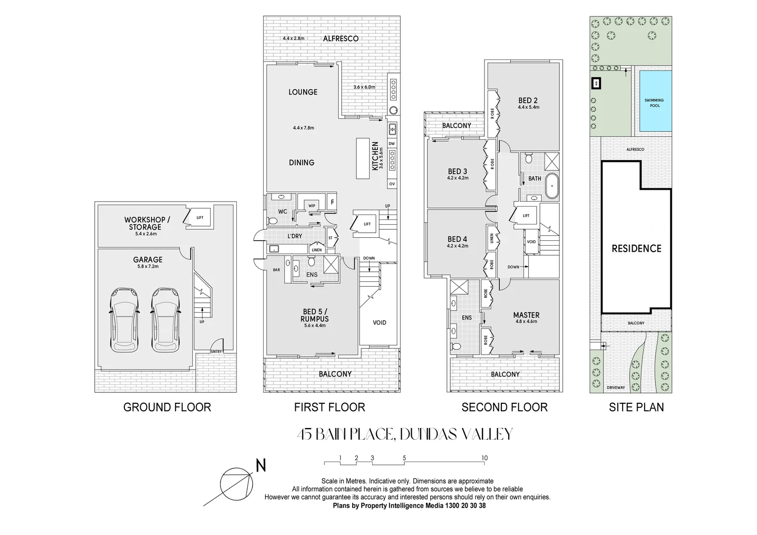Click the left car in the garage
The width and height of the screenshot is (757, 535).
pos(124,320)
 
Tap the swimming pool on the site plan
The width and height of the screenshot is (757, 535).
pos(654,102)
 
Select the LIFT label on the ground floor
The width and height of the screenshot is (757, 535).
pos(200,217)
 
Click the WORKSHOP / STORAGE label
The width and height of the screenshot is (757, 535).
pos(147,223)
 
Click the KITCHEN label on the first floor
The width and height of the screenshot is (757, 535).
pos(376,156)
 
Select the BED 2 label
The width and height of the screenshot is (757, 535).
pos(528,100)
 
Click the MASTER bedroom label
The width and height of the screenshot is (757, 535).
pos(526,315)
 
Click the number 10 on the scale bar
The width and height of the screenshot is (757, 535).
pos(485,458)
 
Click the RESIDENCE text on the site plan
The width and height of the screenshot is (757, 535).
pos(636,249)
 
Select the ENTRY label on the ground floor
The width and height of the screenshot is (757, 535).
pos(216,351)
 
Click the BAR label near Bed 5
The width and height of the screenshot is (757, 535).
pos(276,270)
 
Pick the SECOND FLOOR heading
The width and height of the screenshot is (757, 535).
pos(504,407)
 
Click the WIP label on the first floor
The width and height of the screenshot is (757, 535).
pos(312,206)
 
